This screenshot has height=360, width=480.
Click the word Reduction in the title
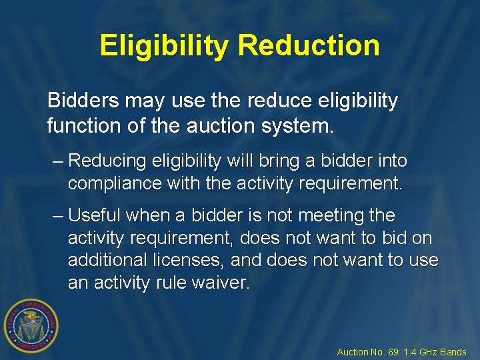308,45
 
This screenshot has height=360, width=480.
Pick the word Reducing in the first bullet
109,161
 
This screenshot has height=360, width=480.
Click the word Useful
94,215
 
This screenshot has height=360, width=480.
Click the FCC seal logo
31,325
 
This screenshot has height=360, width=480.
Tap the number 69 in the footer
395,352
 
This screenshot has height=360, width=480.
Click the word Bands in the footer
454,352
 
